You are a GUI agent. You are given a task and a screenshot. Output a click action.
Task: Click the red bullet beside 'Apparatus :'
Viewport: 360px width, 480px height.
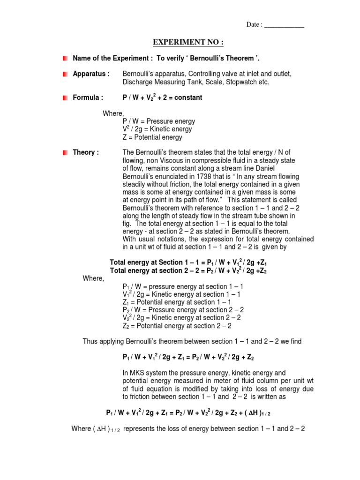pos(65,74)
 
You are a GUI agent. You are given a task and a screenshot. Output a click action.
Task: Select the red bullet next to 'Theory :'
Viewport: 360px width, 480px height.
pos(65,153)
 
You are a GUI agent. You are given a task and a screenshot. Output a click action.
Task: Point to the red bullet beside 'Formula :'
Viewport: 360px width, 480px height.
pos(65,97)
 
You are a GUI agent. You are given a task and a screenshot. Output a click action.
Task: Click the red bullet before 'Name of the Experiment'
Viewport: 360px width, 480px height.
pos(65,58)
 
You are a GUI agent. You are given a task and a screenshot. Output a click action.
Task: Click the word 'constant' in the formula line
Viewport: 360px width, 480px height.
pos(187,97)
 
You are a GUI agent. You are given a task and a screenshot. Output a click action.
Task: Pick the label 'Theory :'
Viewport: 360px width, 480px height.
pos(86,153)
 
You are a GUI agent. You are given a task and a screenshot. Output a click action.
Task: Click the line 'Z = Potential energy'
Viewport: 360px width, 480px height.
pos(152,137)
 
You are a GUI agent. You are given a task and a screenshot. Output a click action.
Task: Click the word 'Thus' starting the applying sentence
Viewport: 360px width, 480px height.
pos(90,341)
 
